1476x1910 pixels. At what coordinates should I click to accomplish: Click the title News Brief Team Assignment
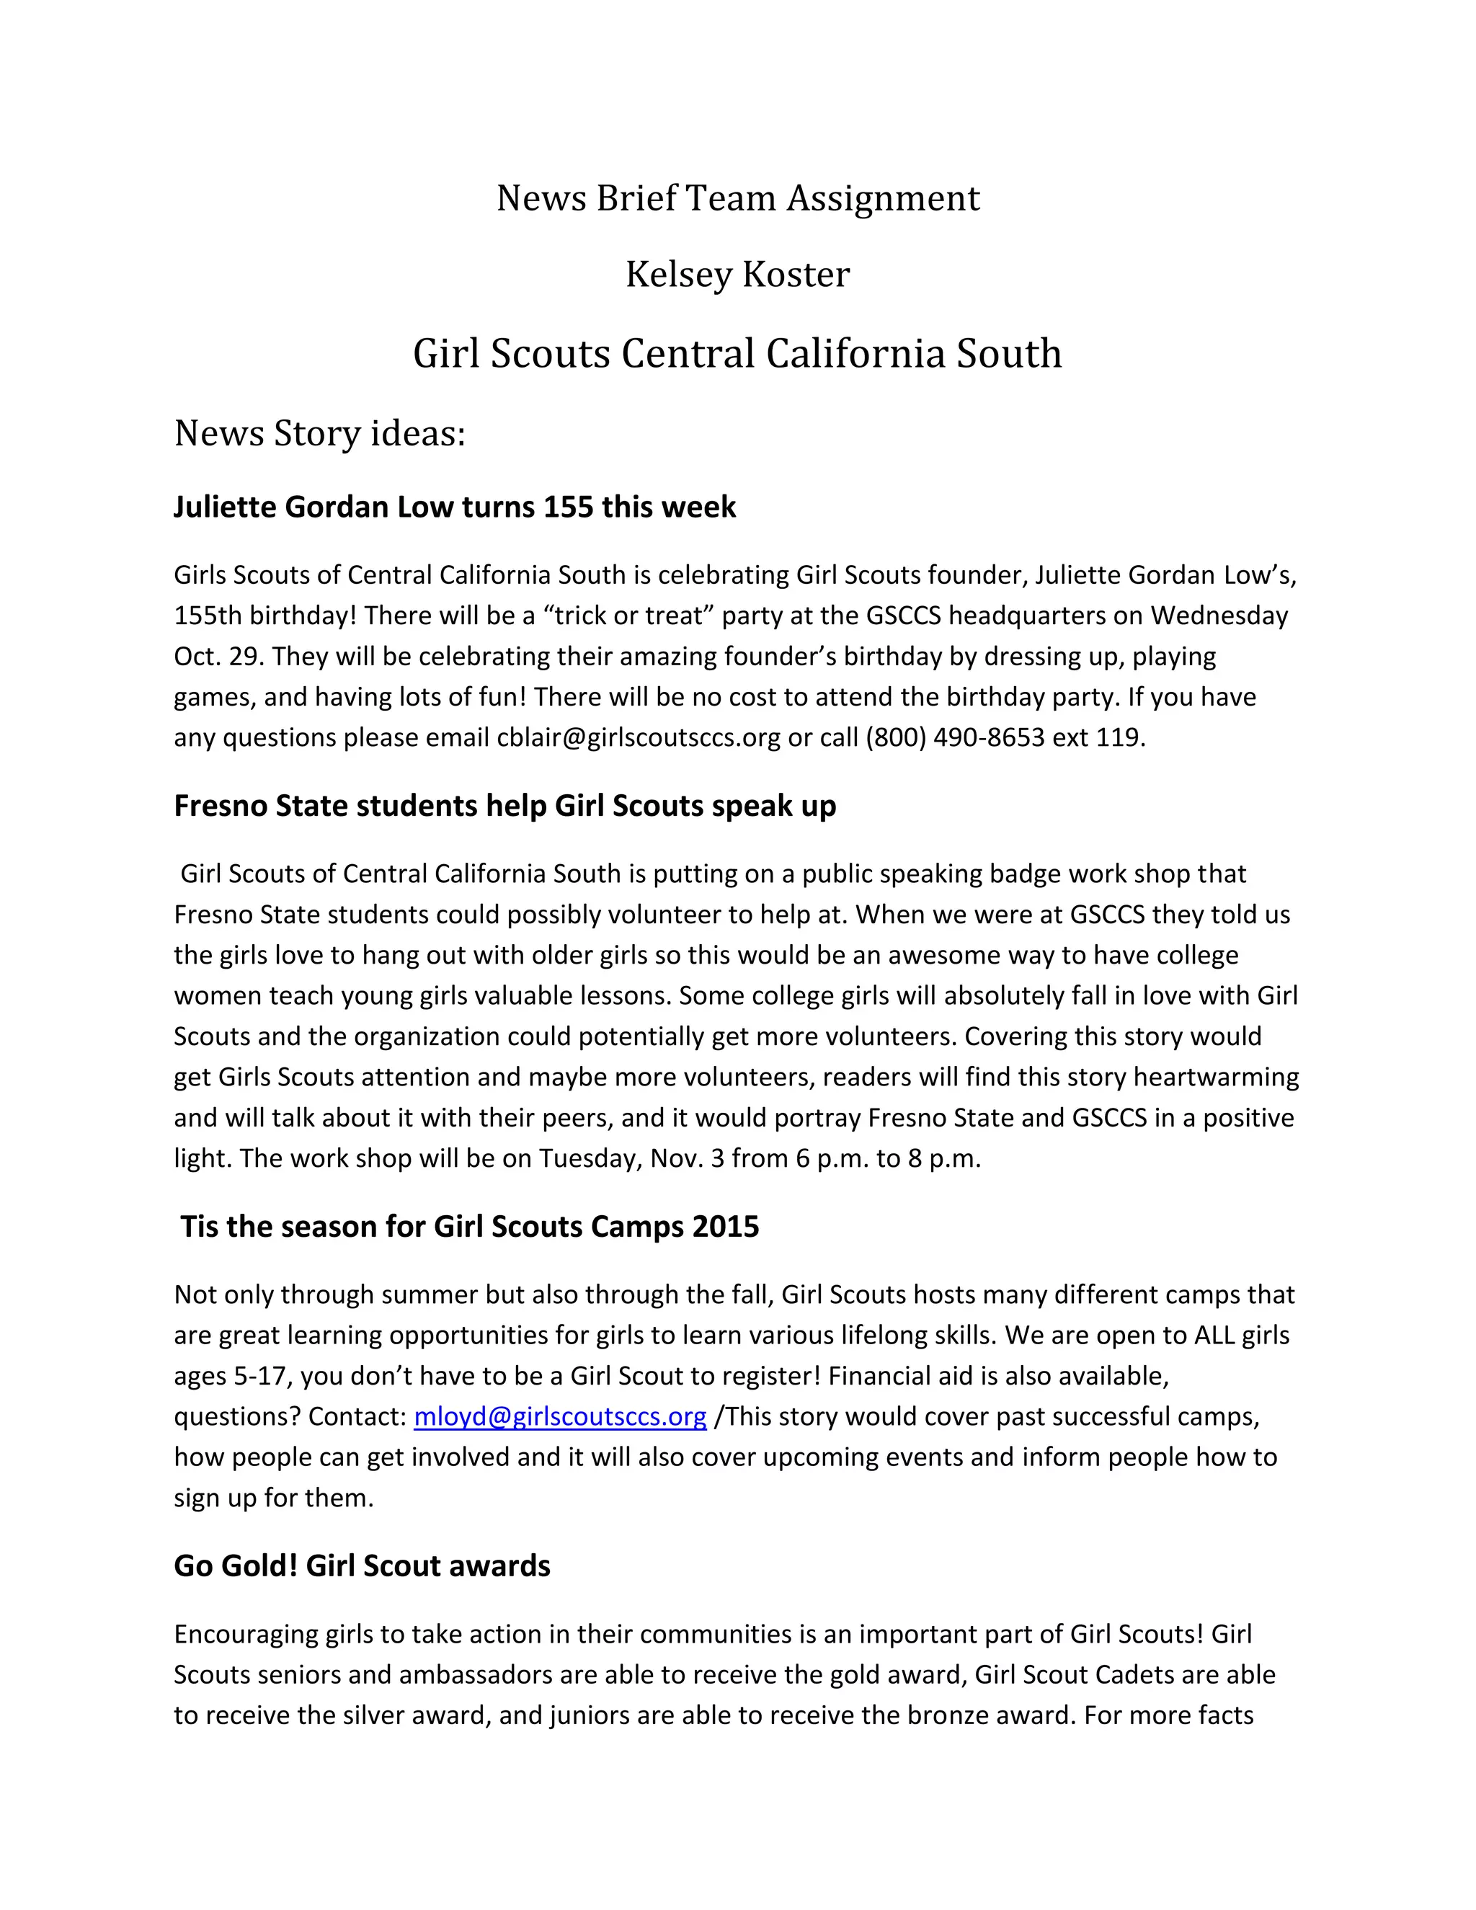click(737, 198)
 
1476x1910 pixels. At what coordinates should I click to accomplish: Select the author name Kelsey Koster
click(737, 275)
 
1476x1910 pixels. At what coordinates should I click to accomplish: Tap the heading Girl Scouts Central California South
click(737, 353)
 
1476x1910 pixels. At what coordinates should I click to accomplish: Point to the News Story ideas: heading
click(319, 433)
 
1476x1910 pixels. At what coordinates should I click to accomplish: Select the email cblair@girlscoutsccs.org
click(639, 737)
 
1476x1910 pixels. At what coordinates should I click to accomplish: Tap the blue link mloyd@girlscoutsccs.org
click(559, 1416)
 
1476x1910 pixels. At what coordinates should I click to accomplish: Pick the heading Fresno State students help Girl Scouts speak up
click(504, 806)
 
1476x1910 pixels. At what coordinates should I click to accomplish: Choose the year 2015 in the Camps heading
click(725, 1226)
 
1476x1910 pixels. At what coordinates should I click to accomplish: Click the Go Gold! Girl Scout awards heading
click(362, 1565)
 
